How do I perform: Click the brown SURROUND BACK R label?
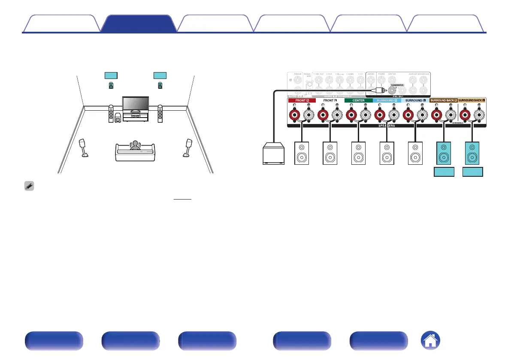point(443,100)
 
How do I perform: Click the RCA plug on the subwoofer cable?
point(377,90)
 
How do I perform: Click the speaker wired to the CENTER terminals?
point(358,154)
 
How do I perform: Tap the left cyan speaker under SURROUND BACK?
point(443,154)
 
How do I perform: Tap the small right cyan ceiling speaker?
point(160,86)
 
